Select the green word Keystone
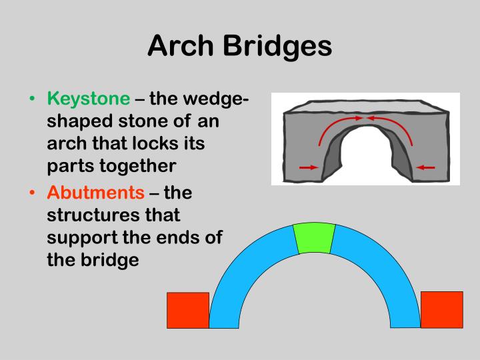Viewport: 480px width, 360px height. click(89, 99)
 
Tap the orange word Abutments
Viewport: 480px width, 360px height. click(95, 193)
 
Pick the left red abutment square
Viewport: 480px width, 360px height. click(187, 310)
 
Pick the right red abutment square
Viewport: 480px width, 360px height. click(441, 309)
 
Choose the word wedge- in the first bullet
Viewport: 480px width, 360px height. click(216, 99)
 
